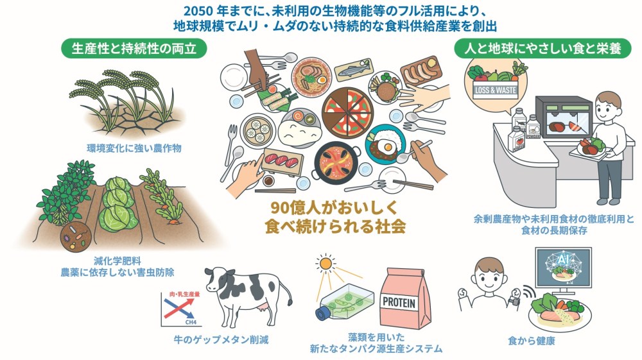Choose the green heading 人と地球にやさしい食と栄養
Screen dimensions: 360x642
tap(537, 48)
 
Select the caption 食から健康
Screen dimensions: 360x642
tap(530, 341)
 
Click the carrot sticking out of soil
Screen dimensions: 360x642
tap(173, 221)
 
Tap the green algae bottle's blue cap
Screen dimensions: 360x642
tap(321, 314)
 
